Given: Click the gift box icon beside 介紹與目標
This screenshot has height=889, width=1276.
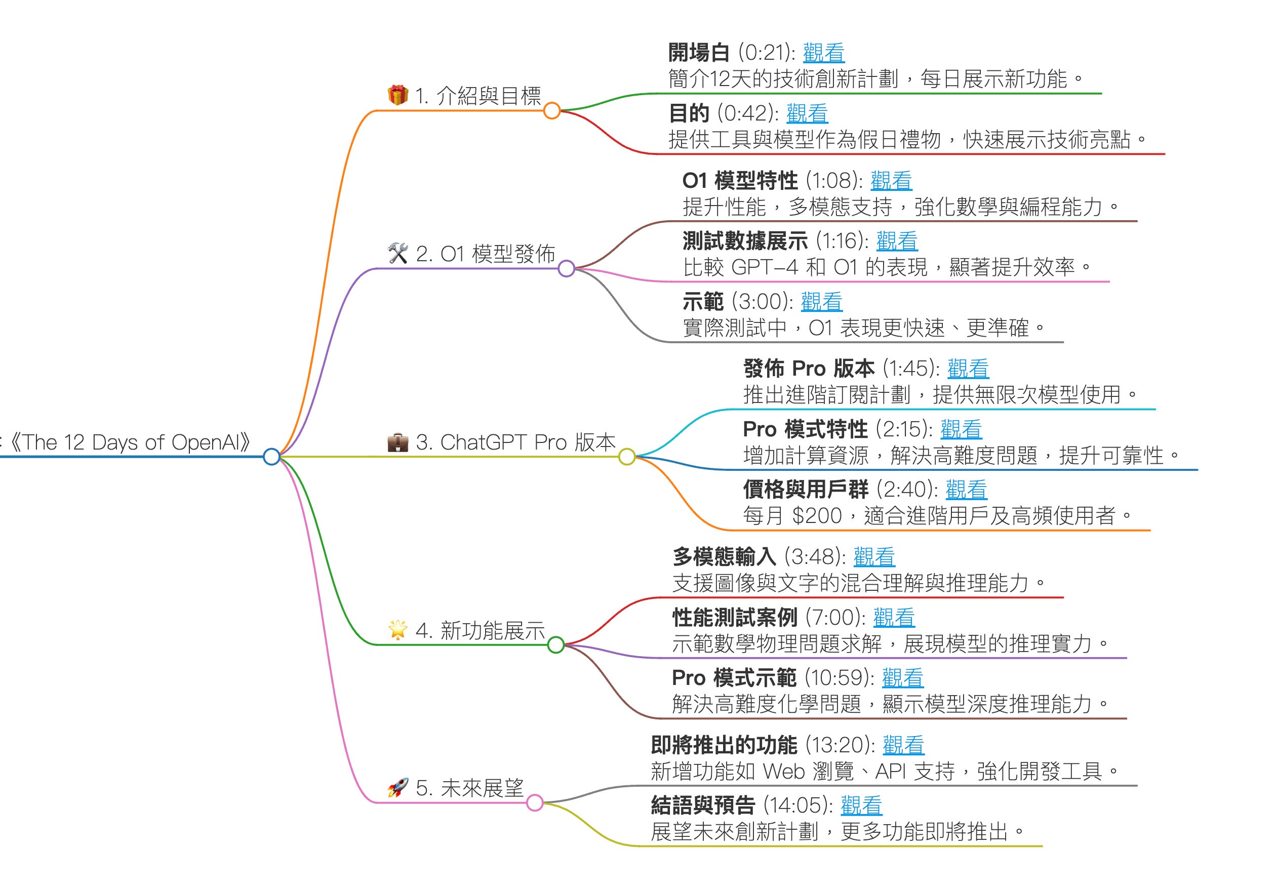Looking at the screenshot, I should click(397, 95).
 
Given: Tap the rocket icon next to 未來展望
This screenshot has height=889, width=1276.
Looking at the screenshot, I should click(397, 787).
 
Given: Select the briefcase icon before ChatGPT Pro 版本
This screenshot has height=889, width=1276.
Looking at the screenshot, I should click(397, 442).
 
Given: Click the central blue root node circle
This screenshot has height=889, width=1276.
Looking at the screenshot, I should click(271, 457).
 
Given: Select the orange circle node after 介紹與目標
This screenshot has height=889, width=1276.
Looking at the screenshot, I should click(551, 110).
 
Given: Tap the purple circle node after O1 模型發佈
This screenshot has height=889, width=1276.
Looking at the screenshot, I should click(566, 269).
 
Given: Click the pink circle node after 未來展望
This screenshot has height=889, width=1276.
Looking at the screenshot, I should click(535, 803).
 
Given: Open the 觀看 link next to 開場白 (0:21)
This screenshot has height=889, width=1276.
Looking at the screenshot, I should click(824, 53).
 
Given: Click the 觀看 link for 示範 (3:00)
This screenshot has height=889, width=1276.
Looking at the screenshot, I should click(821, 302).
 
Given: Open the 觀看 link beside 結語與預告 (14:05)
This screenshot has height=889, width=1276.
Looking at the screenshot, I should click(861, 805).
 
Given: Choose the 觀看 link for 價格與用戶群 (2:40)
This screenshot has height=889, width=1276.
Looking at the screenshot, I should click(966, 490).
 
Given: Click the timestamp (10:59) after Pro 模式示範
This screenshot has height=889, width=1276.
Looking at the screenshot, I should click(839, 678).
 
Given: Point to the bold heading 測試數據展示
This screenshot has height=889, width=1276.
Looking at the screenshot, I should click(745, 241).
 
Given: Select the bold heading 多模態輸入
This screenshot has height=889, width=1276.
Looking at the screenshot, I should click(724, 557).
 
